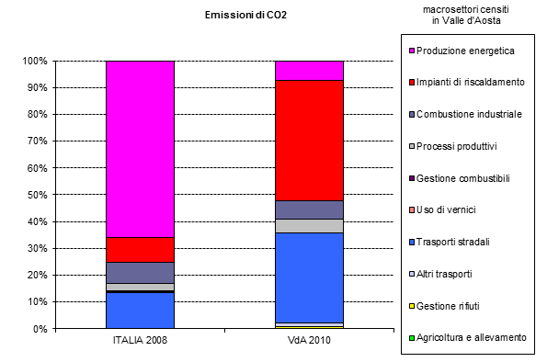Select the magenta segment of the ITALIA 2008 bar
[x=140, y=147]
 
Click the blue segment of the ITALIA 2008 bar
[x=140, y=311]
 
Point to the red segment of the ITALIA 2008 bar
[x=140, y=249]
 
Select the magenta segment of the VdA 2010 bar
[x=309, y=70]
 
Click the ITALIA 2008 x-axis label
[x=140, y=341]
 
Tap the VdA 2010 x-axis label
[x=309, y=341]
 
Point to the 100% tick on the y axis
[x=34, y=61]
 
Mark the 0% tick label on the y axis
[x=40, y=328]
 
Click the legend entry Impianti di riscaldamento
[x=469, y=83]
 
